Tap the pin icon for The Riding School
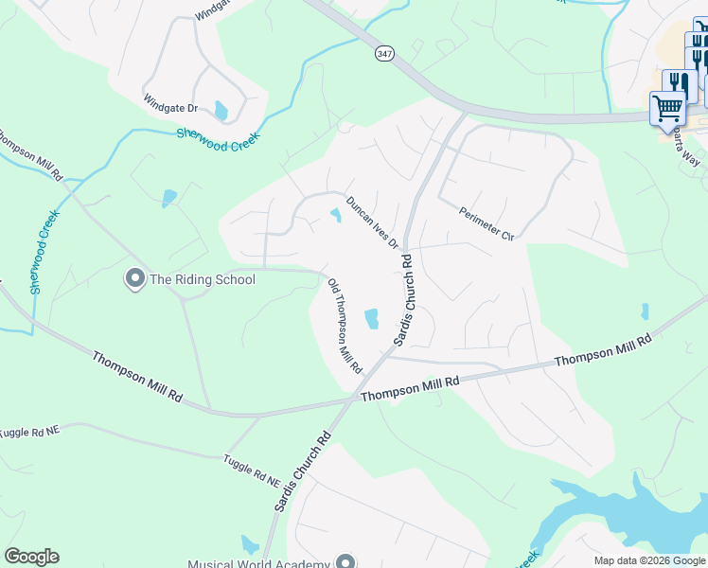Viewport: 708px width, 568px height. tap(133, 278)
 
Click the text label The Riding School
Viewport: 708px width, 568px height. tap(203, 278)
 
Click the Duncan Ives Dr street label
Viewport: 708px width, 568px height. tap(372, 222)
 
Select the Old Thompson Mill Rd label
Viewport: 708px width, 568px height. tap(345, 325)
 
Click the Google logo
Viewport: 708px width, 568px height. tap(31, 557)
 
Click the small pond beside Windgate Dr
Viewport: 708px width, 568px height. tap(221, 111)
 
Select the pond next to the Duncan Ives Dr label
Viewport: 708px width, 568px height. tap(335, 216)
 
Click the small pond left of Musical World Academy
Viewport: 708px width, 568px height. tap(250, 544)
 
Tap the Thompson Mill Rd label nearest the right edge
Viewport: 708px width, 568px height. tap(603, 350)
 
